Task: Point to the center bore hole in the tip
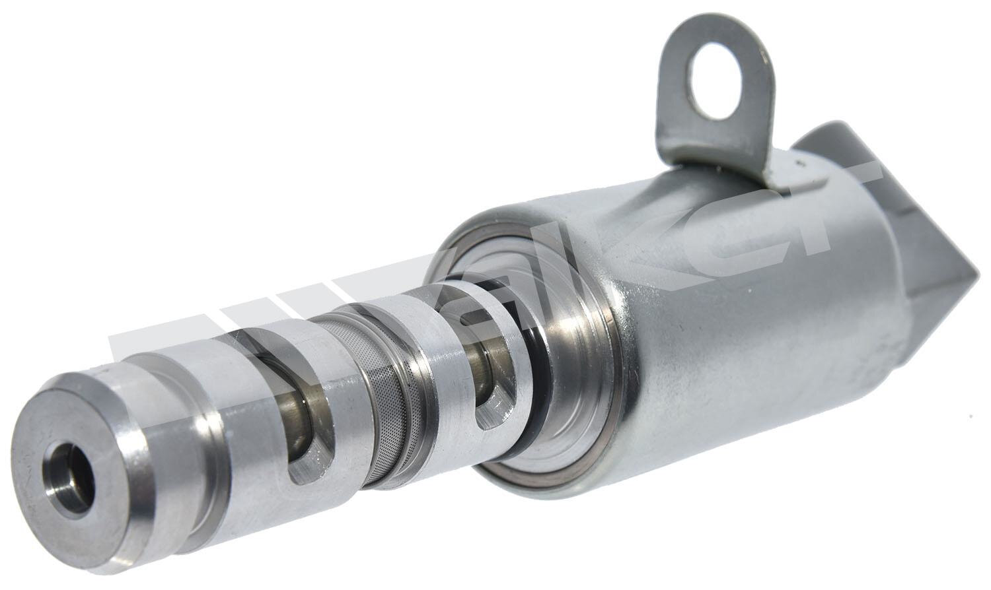(69, 469)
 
